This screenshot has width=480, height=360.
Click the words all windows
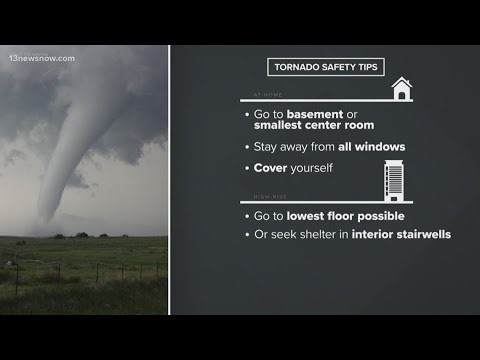[x=370, y=147]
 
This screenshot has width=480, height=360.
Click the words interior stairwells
[x=400, y=234]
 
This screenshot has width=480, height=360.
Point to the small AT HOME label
[x=263, y=93]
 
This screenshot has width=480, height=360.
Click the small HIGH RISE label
[x=263, y=197]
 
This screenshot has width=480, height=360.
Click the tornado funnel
[x=74, y=150]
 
